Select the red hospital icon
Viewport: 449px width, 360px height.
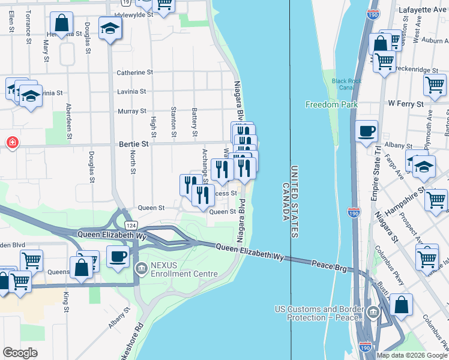[x=11, y=142]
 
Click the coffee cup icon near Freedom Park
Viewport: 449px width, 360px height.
[x=366, y=130]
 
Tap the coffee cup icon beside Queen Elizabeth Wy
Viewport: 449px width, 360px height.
[x=118, y=256]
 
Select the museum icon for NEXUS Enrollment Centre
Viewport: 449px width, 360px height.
[x=141, y=268]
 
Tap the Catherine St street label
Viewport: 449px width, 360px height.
[x=131, y=73]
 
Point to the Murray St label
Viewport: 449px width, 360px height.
[x=131, y=111]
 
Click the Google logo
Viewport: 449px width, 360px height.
[x=20, y=353]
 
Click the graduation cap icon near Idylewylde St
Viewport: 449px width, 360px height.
[x=110, y=28]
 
